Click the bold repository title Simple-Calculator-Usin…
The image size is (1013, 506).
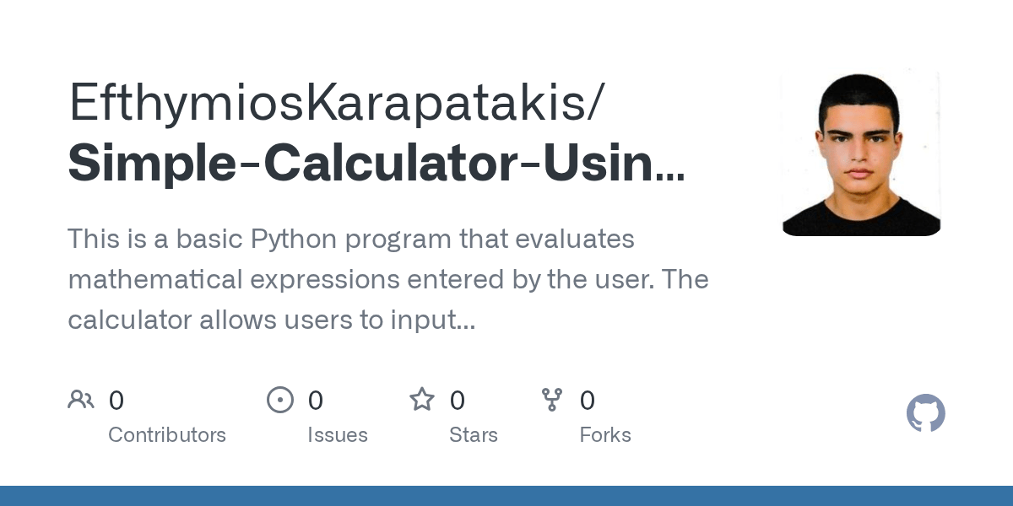click(376, 163)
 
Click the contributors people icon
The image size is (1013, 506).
click(81, 400)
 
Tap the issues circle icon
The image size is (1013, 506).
click(280, 400)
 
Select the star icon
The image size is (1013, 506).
click(422, 400)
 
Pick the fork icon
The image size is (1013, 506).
click(552, 400)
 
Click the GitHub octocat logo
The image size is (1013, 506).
click(925, 414)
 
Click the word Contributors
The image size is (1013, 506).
click(167, 435)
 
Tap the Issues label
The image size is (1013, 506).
click(338, 435)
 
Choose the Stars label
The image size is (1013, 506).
click(474, 435)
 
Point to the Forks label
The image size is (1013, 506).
click(605, 435)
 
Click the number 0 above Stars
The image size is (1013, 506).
click(458, 401)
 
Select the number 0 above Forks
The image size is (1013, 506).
click(588, 401)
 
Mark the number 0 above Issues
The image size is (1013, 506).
click(316, 401)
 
